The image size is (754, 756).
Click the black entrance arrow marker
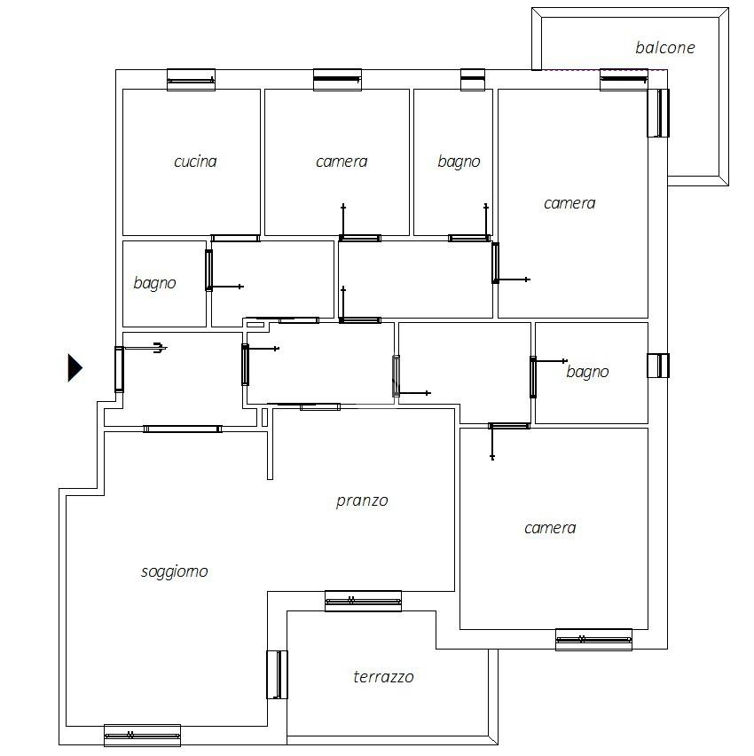(x=75, y=368)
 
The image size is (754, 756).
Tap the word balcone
(x=664, y=48)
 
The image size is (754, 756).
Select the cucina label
(x=195, y=161)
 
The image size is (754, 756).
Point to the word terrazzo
(x=383, y=677)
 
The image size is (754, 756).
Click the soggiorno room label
(x=175, y=571)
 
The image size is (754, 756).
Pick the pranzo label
(x=362, y=501)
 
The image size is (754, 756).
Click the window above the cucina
(x=191, y=80)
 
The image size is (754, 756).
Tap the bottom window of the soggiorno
(x=142, y=736)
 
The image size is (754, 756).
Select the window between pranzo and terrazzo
(x=363, y=601)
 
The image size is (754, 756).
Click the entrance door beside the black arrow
(x=119, y=369)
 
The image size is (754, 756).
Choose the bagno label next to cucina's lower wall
(x=154, y=283)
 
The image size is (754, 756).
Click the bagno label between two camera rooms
(x=459, y=161)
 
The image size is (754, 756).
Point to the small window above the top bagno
(x=473, y=80)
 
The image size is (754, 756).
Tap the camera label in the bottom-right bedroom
(x=550, y=528)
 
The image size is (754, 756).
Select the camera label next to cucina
(x=342, y=161)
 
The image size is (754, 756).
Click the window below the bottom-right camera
(x=593, y=640)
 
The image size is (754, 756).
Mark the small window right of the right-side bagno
(x=658, y=366)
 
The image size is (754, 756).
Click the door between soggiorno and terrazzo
(x=277, y=674)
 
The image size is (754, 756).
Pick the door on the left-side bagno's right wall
(x=208, y=270)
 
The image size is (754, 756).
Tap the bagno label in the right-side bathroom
(x=587, y=372)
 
